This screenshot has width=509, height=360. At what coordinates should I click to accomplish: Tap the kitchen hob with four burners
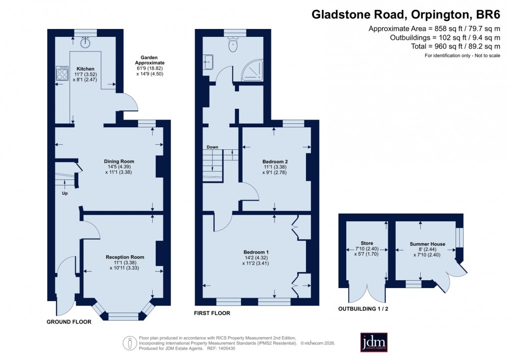(x=62, y=74)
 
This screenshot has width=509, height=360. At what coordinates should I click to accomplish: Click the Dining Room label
(x=119, y=161)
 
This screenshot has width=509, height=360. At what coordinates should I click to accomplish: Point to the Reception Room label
(x=125, y=257)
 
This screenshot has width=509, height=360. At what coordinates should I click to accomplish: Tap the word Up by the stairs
(x=65, y=193)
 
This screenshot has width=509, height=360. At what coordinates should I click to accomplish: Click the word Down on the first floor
(x=213, y=147)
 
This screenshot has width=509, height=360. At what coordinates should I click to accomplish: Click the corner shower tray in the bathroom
(x=254, y=70)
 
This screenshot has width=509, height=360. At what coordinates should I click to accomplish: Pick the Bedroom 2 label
(x=275, y=162)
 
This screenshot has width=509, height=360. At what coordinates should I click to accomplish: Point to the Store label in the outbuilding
(x=367, y=243)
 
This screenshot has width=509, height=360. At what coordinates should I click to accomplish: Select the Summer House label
(x=427, y=244)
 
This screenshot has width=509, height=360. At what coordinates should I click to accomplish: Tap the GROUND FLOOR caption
(x=69, y=322)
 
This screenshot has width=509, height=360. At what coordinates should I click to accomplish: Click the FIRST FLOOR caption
(x=213, y=314)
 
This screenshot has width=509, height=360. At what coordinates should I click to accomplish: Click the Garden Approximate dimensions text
(x=150, y=65)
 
